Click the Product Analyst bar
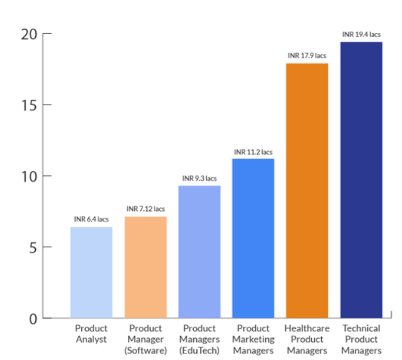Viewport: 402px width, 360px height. point(91,272)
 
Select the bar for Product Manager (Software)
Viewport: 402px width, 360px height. point(146,267)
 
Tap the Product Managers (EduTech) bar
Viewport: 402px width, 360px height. point(200,251)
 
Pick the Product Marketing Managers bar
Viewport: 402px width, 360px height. point(253,238)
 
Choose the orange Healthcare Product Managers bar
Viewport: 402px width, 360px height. point(307,190)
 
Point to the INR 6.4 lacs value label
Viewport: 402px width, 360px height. point(91,219)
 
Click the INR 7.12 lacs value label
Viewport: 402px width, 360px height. point(146,209)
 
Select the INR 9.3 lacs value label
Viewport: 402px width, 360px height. point(200,178)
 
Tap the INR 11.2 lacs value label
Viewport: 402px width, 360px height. point(253,151)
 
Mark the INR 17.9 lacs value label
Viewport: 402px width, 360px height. point(307,56)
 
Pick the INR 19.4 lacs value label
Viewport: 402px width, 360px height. point(361,34)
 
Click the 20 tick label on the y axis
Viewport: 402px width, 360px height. point(30,34)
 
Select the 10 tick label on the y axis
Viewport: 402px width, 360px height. point(30,176)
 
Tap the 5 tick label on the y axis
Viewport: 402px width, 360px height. point(33,247)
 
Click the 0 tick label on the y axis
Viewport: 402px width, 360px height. point(33,318)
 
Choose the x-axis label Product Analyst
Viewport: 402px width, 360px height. point(91,334)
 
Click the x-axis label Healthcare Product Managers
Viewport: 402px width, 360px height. point(307,339)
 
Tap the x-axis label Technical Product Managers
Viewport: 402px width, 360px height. point(361,339)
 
